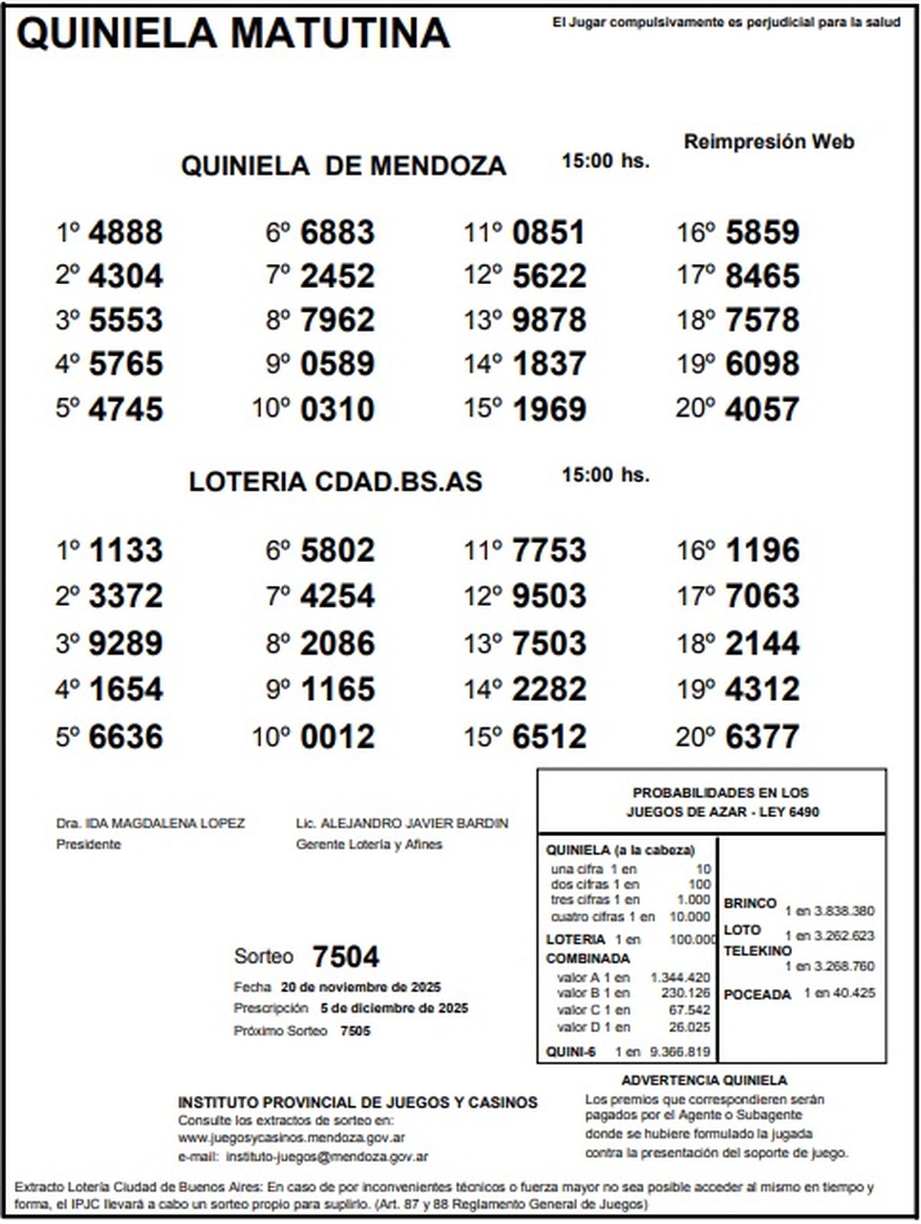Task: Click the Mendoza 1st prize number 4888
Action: tap(125, 233)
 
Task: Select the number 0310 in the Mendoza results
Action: tap(337, 409)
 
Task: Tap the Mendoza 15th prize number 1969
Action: tap(549, 409)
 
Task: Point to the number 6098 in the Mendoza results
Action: tap(762, 364)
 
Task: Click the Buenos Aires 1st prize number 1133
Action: tap(125, 551)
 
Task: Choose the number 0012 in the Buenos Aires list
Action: tap(337, 737)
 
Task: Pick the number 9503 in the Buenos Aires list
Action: tap(549, 597)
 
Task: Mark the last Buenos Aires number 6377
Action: tap(762, 737)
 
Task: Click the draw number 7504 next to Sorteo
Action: tap(345, 957)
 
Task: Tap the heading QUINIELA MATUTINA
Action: tap(233, 34)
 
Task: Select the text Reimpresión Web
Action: tap(768, 142)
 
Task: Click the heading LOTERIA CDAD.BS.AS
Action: tap(335, 482)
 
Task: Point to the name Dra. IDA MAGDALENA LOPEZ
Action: tap(150, 823)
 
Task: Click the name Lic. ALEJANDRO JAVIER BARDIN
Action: tap(402, 823)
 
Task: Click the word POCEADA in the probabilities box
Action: tap(757, 994)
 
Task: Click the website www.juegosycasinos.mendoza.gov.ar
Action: tap(292, 1138)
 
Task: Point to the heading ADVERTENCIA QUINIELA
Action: tap(704, 1080)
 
